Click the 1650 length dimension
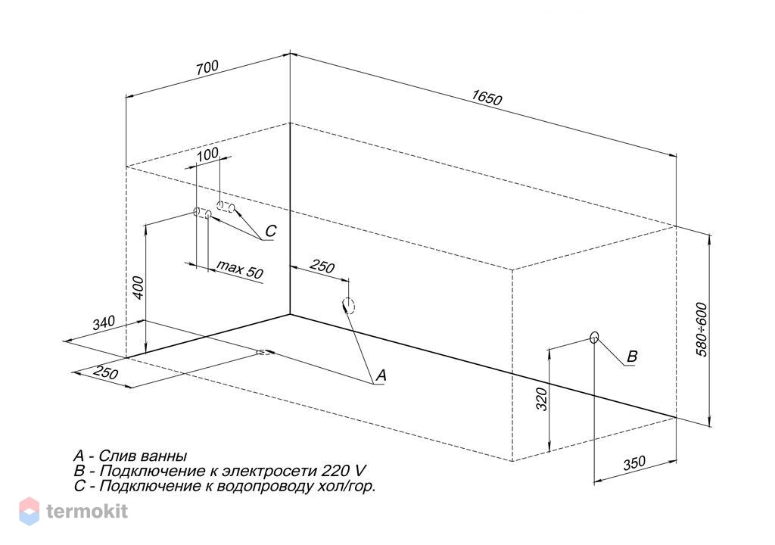click(487, 98)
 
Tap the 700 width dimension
click(207, 68)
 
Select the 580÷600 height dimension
click(702, 329)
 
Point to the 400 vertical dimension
click(139, 288)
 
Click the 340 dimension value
click(104, 322)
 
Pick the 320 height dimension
click(542, 399)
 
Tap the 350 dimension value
click(634, 463)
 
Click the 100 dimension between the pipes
click(207, 154)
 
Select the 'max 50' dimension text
click(240, 269)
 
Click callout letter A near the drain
click(381, 376)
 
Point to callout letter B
click(632, 357)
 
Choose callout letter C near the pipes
click(270, 231)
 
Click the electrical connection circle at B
click(594, 338)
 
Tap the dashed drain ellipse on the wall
click(349, 306)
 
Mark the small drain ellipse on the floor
click(265, 352)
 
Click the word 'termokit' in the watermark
click(87, 511)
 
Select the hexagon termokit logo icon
click(30, 511)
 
